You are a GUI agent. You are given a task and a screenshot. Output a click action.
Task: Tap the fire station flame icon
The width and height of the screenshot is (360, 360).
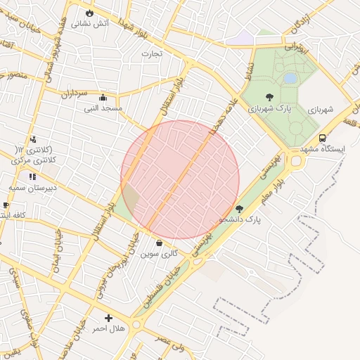[x=89, y=13]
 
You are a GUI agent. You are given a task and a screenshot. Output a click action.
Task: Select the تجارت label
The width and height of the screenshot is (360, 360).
[x=151, y=53]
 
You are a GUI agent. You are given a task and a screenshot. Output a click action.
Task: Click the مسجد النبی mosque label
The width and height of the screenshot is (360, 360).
[x=103, y=108]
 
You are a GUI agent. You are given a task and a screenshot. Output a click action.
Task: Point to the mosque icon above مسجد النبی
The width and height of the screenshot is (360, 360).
[x=103, y=98]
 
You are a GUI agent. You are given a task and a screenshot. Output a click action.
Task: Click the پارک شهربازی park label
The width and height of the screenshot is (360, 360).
[x=269, y=109]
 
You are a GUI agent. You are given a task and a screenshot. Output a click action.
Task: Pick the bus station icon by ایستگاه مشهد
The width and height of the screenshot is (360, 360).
[x=322, y=138]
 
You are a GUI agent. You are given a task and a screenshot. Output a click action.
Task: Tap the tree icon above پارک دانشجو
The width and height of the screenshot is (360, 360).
[x=239, y=208]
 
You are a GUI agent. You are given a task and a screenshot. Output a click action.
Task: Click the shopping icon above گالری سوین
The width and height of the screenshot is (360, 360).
[x=159, y=243]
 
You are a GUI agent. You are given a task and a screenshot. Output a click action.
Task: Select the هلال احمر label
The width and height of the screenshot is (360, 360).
[x=108, y=328]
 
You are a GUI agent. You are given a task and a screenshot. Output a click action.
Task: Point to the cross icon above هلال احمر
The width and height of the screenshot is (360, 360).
[x=108, y=318]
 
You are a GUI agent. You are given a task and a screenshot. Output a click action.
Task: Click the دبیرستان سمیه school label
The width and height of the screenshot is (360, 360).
[x=26, y=188]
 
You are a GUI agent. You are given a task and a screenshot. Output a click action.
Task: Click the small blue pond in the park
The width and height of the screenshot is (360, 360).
[x=290, y=79]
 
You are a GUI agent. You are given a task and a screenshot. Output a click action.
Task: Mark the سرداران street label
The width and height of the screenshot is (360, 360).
[x=73, y=93]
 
